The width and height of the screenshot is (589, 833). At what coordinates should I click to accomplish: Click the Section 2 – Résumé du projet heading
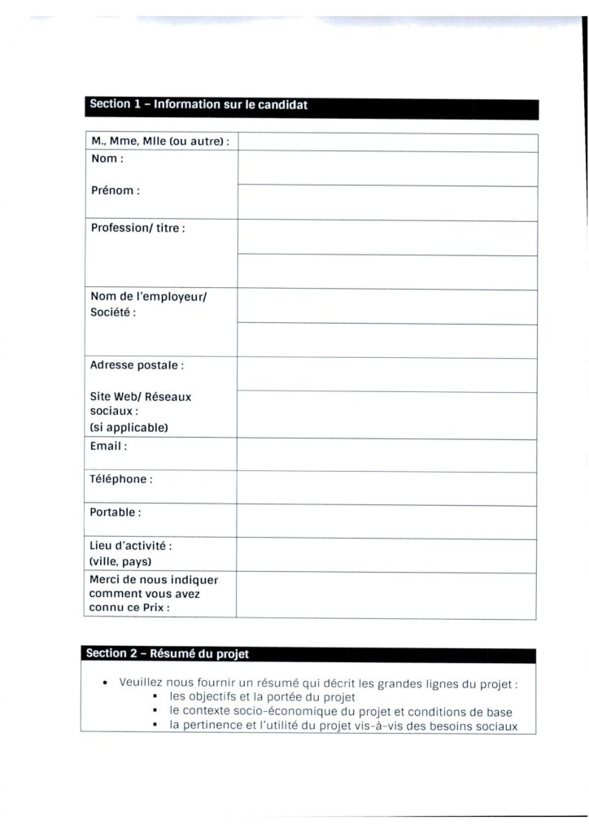[167, 654]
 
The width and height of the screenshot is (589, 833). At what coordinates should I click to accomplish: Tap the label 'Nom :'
[107, 159]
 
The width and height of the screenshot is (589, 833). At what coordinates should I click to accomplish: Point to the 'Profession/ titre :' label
[137, 229]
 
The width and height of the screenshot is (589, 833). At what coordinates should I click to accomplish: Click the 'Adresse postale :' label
[137, 365]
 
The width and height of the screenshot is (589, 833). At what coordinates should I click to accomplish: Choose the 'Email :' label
[108, 447]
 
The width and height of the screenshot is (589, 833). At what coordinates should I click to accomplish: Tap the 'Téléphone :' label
[121, 479]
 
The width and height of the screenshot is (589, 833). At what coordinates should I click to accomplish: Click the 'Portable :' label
[116, 512]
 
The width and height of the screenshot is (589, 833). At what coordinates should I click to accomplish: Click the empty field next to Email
[386, 455]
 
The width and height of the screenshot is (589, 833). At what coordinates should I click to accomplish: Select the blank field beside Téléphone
[386, 488]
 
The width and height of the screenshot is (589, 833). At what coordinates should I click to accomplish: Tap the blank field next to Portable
[386, 522]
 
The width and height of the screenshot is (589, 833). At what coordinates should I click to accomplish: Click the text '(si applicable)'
[129, 427]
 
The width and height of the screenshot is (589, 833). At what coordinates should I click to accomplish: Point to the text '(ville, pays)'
[120, 561]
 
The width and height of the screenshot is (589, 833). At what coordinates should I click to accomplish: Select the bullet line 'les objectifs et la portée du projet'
[262, 697]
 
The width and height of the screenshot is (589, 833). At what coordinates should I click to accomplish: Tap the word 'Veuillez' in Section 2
[143, 683]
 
